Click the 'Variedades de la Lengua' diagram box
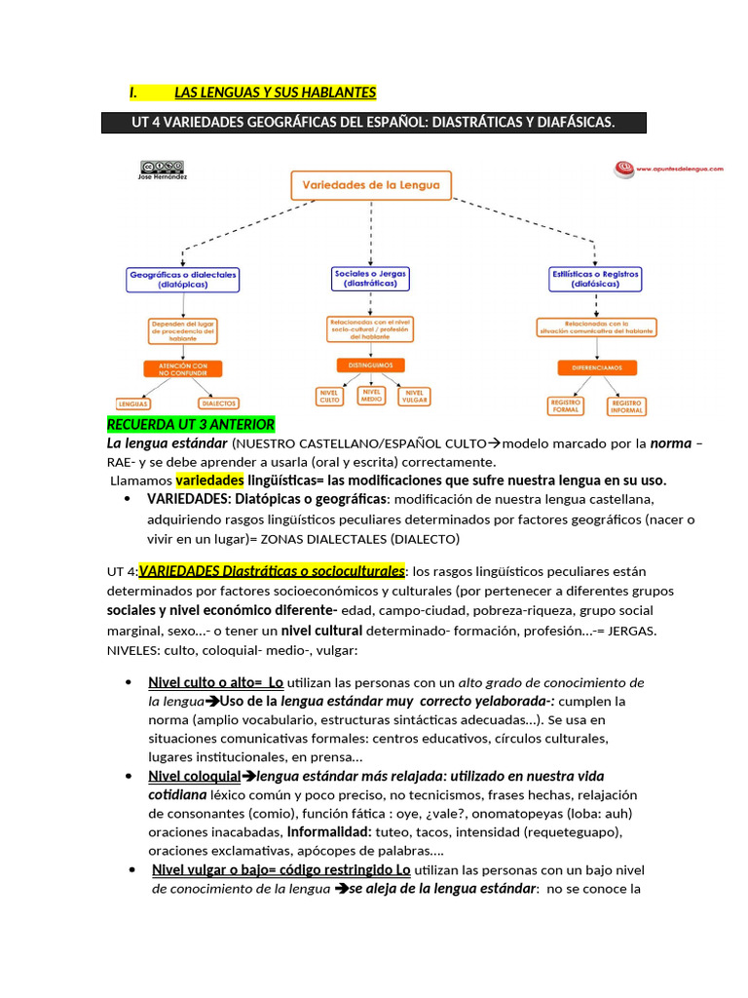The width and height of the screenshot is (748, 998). coord(371,185)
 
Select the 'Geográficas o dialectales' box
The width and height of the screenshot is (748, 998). coord(183,280)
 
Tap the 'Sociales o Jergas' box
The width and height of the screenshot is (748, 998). coord(370,279)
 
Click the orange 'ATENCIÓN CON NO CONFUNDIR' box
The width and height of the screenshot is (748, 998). coord(182,369)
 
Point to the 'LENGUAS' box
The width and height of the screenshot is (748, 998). coord(132,403)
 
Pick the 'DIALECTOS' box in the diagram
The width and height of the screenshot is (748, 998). coord(218,403)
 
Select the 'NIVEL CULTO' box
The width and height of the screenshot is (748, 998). coord(329,396)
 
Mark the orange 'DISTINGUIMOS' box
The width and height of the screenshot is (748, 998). coord(370,365)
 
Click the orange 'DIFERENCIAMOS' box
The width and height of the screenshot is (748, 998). coord(596,368)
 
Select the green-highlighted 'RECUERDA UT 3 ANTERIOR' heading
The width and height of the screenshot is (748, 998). coord(191,425)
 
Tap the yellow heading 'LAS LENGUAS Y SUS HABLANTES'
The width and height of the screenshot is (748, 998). coord(275,93)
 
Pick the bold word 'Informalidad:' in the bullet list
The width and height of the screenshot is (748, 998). coord(327,832)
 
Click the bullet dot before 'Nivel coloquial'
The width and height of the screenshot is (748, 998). coord(130,777)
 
